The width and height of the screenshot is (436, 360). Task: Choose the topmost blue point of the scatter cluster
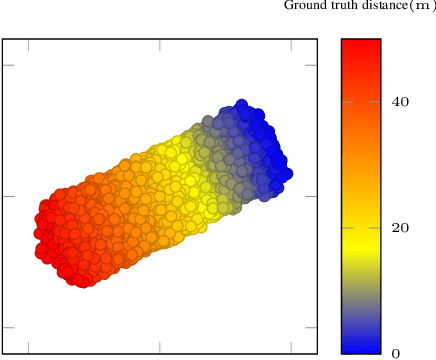click(241, 105)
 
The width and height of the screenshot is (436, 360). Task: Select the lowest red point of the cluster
click(84, 281)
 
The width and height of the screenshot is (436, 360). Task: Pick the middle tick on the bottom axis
click(160, 349)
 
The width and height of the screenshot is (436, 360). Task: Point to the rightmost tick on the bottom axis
click(291, 349)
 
